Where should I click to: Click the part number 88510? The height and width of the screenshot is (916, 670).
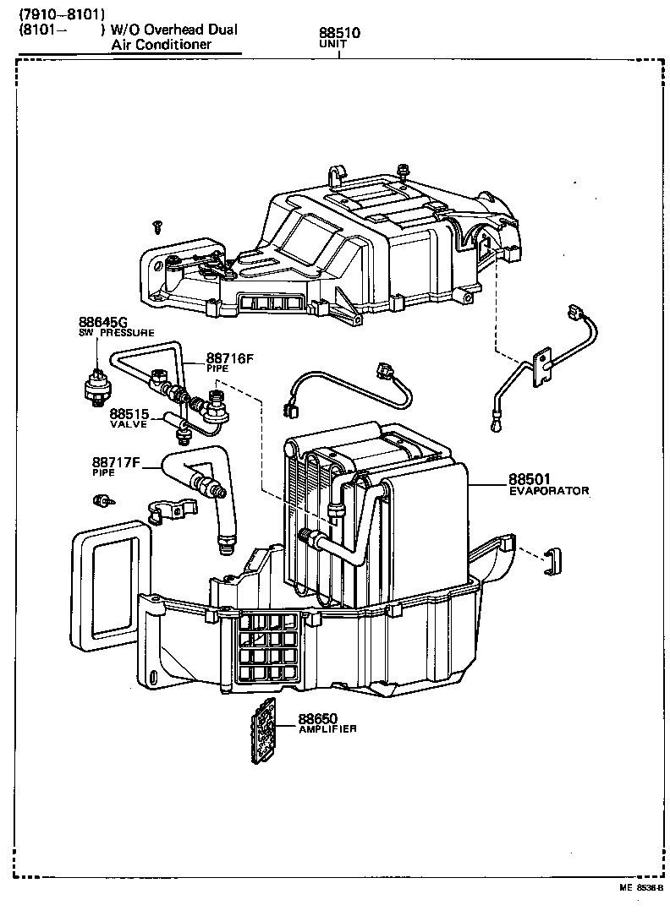[339, 34]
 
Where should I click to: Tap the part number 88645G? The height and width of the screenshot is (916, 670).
[102, 322]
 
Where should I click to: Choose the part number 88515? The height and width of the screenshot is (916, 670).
[128, 414]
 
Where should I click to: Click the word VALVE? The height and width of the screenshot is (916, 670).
[128, 424]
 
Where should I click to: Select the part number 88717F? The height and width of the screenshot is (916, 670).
[116, 462]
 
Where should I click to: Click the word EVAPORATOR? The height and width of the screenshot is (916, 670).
[548, 491]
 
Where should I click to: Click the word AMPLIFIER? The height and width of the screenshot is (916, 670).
[327, 728]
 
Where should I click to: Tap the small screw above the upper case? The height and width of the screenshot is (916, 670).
[157, 225]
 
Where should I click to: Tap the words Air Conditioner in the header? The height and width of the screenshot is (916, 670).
[162, 44]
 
